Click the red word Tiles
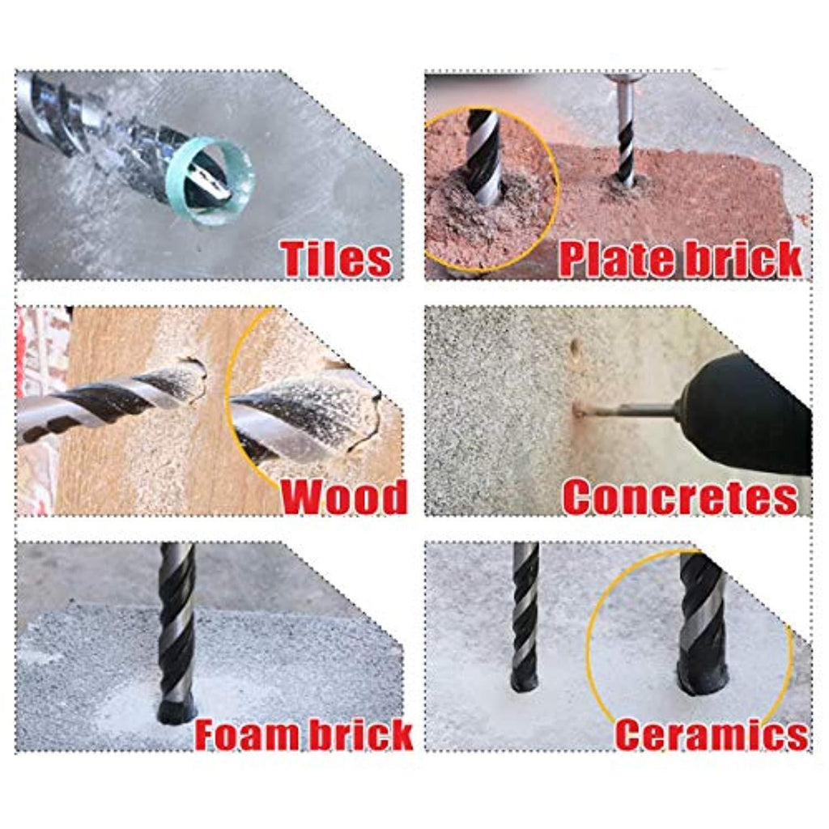point(337,258)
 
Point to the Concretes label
point(680,496)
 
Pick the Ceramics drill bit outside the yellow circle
point(525,616)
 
